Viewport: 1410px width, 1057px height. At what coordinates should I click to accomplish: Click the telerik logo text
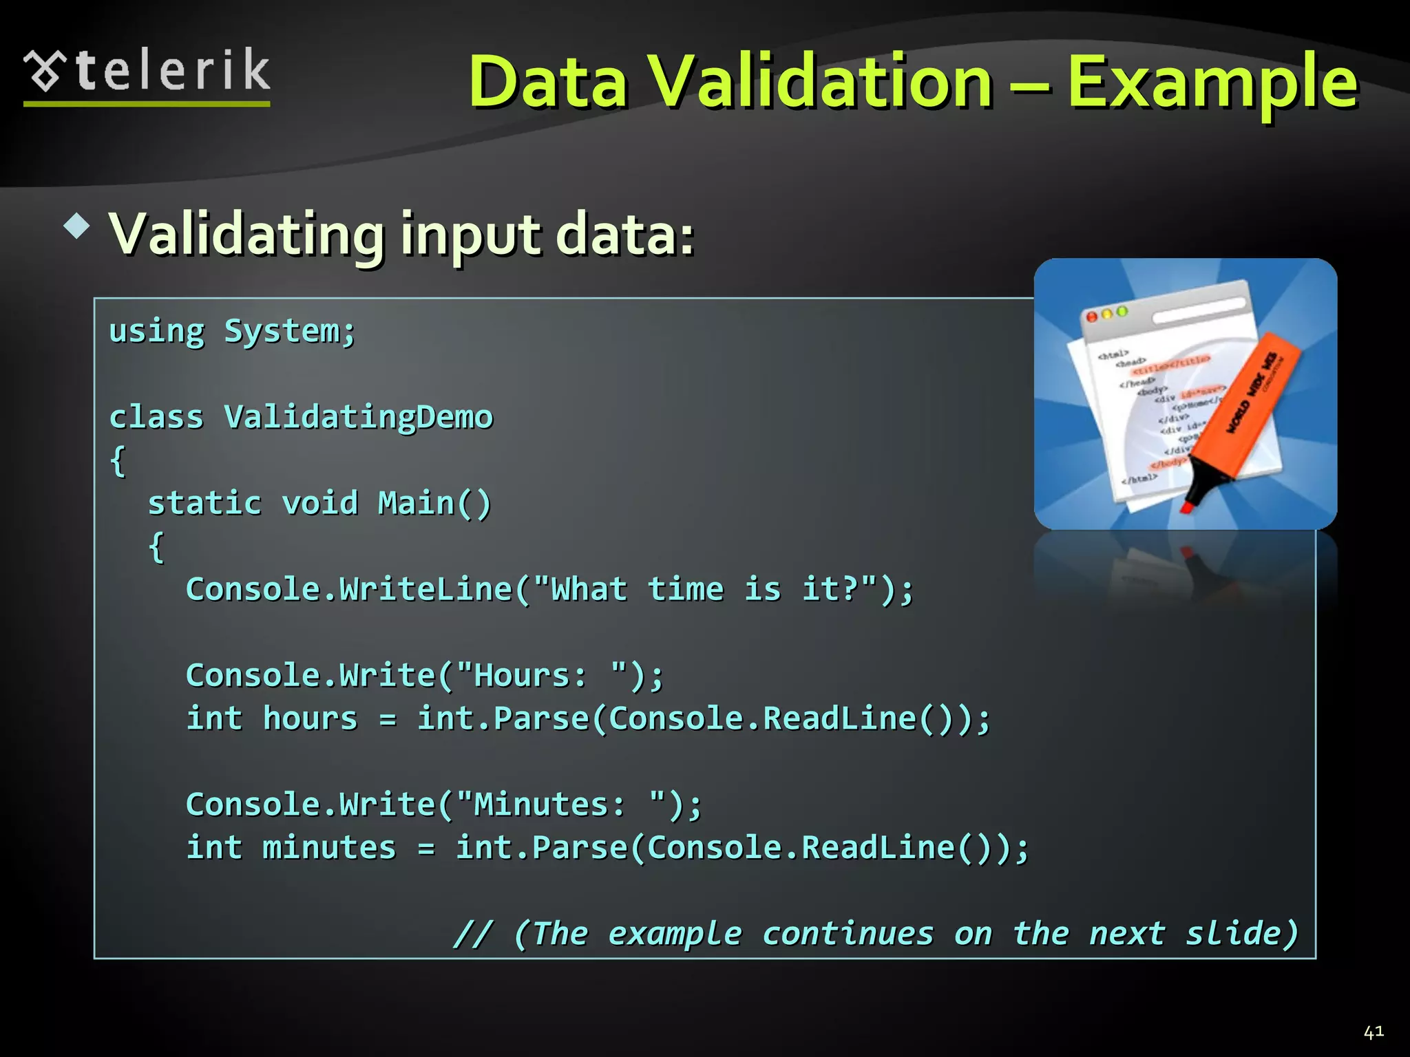(x=172, y=71)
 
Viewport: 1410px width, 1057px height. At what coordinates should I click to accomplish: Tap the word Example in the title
(x=1212, y=83)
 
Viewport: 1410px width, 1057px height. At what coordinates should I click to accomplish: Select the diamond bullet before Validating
(x=76, y=226)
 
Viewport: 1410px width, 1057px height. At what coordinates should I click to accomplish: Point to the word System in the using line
(x=282, y=332)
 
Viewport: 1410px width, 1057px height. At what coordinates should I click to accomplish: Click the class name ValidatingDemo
(x=359, y=418)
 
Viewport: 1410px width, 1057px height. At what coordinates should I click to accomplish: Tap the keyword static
(x=204, y=504)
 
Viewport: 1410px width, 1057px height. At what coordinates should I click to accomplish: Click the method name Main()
(x=434, y=504)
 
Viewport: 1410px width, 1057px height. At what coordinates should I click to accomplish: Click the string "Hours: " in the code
(x=541, y=676)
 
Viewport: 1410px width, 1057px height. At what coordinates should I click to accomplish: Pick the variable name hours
(x=310, y=719)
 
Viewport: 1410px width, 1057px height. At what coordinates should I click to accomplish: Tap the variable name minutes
(x=329, y=848)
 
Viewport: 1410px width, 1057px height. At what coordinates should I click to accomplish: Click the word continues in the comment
(x=848, y=934)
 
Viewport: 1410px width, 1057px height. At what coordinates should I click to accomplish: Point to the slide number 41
(x=1373, y=1032)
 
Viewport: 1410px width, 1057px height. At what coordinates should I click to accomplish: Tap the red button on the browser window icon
(x=1091, y=317)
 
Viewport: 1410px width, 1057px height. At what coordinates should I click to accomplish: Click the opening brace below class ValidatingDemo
(x=118, y=460)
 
